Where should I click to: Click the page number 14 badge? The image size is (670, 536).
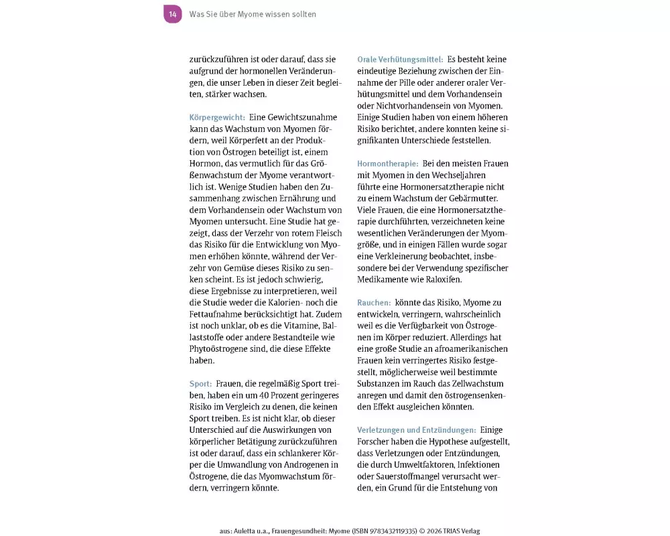pos(173,14)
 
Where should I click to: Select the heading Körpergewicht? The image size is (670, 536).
pos(217,117)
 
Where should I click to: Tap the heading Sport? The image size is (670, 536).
pos(200,384)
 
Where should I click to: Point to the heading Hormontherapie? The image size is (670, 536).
pos(387,163)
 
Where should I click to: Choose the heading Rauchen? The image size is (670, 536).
pos(374,303)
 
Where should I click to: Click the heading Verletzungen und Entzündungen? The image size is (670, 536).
pos(416,430)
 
